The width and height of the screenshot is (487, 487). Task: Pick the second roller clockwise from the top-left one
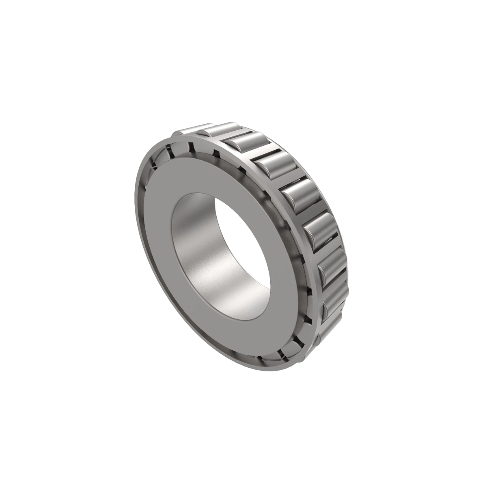[x=217, y=129]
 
